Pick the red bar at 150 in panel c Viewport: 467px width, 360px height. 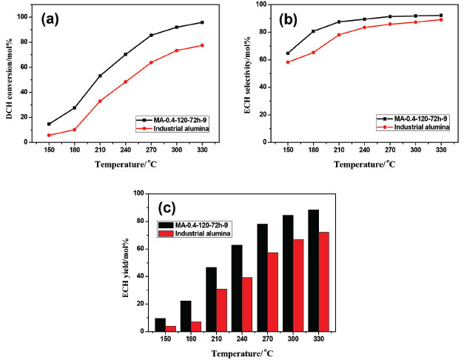(169, 328)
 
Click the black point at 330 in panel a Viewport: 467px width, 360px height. (202, 22)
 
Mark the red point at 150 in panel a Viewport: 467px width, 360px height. (50, 135)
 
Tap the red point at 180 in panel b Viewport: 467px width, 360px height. (314, 53)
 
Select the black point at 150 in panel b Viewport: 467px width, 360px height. (288, 53)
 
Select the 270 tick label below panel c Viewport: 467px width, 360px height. (263, 341)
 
